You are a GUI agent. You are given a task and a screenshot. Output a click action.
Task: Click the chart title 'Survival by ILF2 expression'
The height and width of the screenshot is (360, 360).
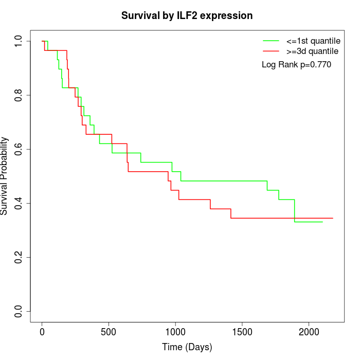tap(187, 16)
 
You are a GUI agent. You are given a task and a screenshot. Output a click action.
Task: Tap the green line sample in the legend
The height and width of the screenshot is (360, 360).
tap(271, 41)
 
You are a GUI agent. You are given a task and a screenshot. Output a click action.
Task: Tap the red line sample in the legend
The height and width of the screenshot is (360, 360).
tap(271, 51)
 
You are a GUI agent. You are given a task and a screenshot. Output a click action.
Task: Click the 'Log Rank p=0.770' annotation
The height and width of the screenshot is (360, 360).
tap(296, 65)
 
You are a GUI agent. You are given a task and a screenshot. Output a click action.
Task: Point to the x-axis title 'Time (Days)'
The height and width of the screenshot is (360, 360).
tap(187, 347)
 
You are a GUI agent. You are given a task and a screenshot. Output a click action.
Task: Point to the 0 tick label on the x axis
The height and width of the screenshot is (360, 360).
tap(42, 331)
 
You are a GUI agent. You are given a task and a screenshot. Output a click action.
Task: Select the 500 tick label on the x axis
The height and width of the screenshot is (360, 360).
tap(109, 331)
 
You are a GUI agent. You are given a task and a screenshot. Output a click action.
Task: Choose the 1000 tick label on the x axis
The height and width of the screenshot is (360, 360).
tap(175, 331)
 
